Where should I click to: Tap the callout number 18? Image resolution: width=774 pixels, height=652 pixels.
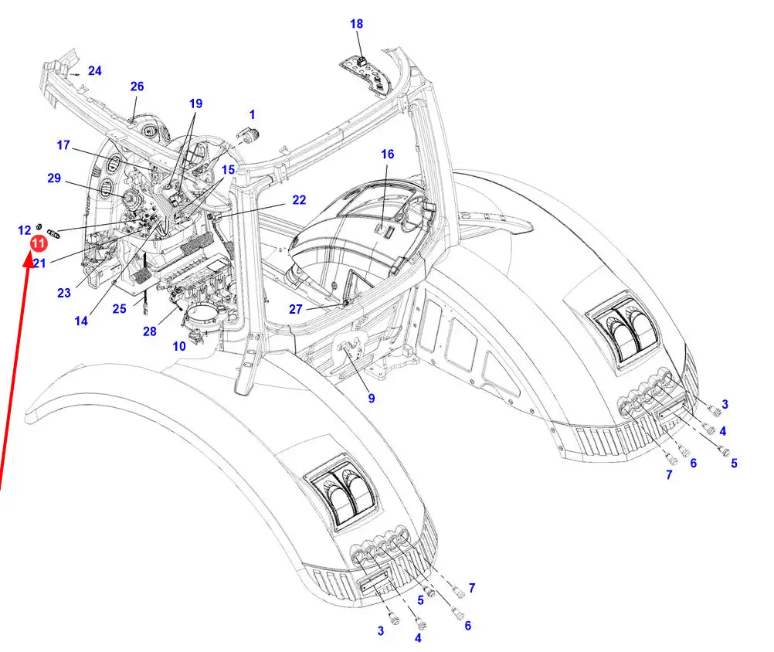tap(356, 24)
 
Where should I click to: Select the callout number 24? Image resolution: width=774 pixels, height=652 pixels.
tap(94, 71)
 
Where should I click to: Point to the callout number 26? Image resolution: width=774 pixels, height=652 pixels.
tap(137, 87)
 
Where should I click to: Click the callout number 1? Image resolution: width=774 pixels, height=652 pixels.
tap(252, 116)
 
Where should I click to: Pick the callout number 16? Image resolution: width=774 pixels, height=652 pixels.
tap(387, 155)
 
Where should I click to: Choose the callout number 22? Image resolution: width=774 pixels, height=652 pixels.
tap(299, 200)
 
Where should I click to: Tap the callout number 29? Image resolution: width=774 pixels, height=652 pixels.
tap(53, 178)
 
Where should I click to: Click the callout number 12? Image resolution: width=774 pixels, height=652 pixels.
tap(25, 230)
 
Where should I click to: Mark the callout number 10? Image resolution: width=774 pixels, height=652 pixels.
tap(179, 347)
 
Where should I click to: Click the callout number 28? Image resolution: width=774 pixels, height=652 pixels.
tap(149, 331)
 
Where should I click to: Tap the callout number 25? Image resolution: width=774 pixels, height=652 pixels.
tap(119, 309)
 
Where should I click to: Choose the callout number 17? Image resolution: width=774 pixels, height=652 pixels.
tap(63, 144)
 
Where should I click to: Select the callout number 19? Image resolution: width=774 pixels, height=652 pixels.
tap(195, 104)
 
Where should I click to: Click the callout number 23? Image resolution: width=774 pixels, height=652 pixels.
tap(63, 293)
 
